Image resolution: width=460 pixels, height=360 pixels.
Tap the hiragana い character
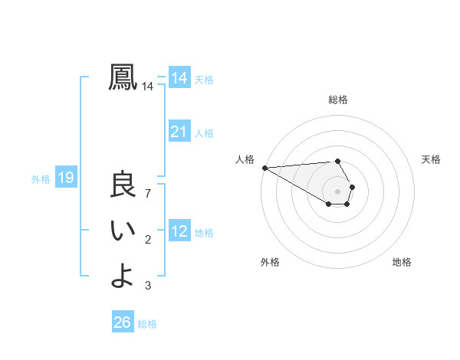(123, 231)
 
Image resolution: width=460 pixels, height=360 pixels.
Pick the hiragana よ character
(123, 275)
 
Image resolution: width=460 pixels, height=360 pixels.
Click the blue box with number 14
(179, 78)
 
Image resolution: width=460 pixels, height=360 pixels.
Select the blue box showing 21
(179, 132)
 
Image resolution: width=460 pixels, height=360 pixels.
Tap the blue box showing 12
(179, 231)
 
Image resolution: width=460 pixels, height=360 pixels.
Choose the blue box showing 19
(65, 178)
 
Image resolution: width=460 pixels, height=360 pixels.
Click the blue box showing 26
(122, 322)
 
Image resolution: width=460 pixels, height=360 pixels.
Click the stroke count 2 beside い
(148, 240)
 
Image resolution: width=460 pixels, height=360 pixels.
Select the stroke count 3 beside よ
(148, 286)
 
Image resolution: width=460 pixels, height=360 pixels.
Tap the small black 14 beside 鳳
(148, 87)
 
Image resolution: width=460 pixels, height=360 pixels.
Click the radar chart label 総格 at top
(338, 100)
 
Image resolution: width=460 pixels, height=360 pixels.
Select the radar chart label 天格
(432, 159)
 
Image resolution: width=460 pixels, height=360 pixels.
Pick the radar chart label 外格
(270, 262)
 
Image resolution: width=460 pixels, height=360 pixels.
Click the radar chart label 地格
(402, 262)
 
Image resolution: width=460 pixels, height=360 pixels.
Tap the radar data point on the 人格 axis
(264, 168)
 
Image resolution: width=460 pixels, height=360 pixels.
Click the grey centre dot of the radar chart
(338, 191)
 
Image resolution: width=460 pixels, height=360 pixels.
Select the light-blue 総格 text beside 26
(148, 324)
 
